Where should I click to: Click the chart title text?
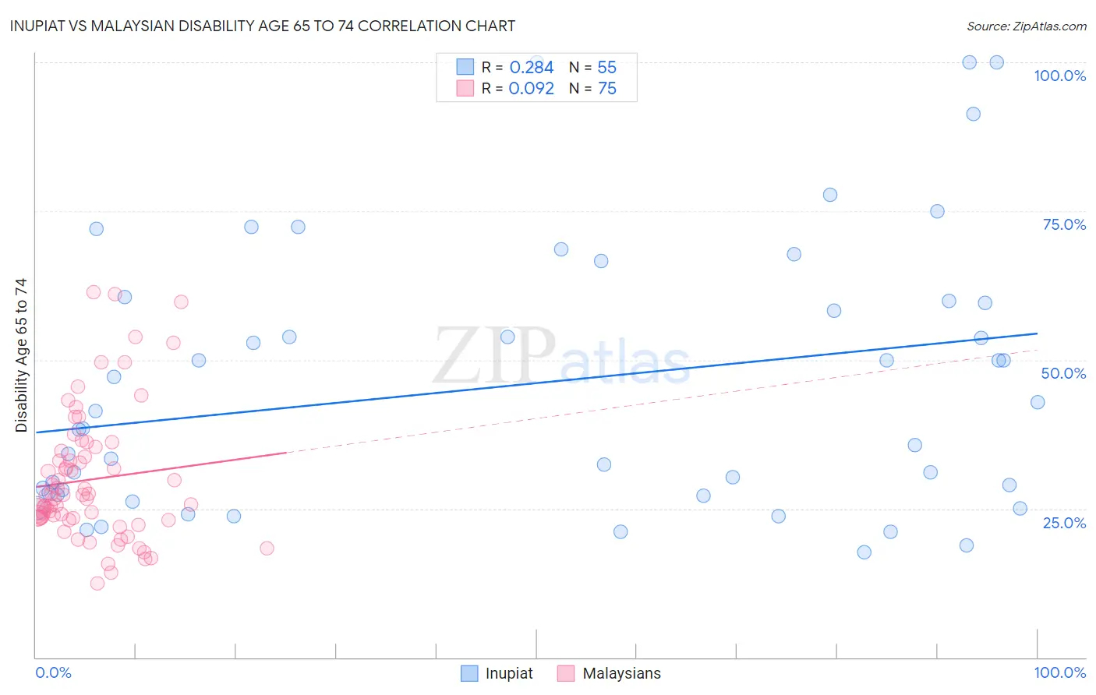[x=262, y=26]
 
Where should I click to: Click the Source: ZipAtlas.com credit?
[x=1026, y=26]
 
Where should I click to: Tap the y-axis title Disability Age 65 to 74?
[x=21, y=355]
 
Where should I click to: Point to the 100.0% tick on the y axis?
[x=1059, y=76]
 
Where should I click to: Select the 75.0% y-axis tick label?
[x=1064, y=224]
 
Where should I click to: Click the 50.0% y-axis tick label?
[x=1063, y=373]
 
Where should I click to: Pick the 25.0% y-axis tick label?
[x=1064, y=523]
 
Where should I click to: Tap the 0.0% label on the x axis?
[x=53, y=672]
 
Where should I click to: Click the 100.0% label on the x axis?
[x=1059, y=672]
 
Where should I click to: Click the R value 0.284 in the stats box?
[x=531, y=68]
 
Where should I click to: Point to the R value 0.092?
[x=531, y=89]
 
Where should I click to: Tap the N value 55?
[x=606, y=68]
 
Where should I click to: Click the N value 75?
[x=606, y=89]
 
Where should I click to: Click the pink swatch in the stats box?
[x=465, y=88]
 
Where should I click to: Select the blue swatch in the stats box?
[x=465, y=67]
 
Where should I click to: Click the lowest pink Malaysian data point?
[x=97, y=583]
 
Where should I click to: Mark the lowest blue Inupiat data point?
[x=864, y=552]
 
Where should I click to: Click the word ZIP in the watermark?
[x=493, y=357]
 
